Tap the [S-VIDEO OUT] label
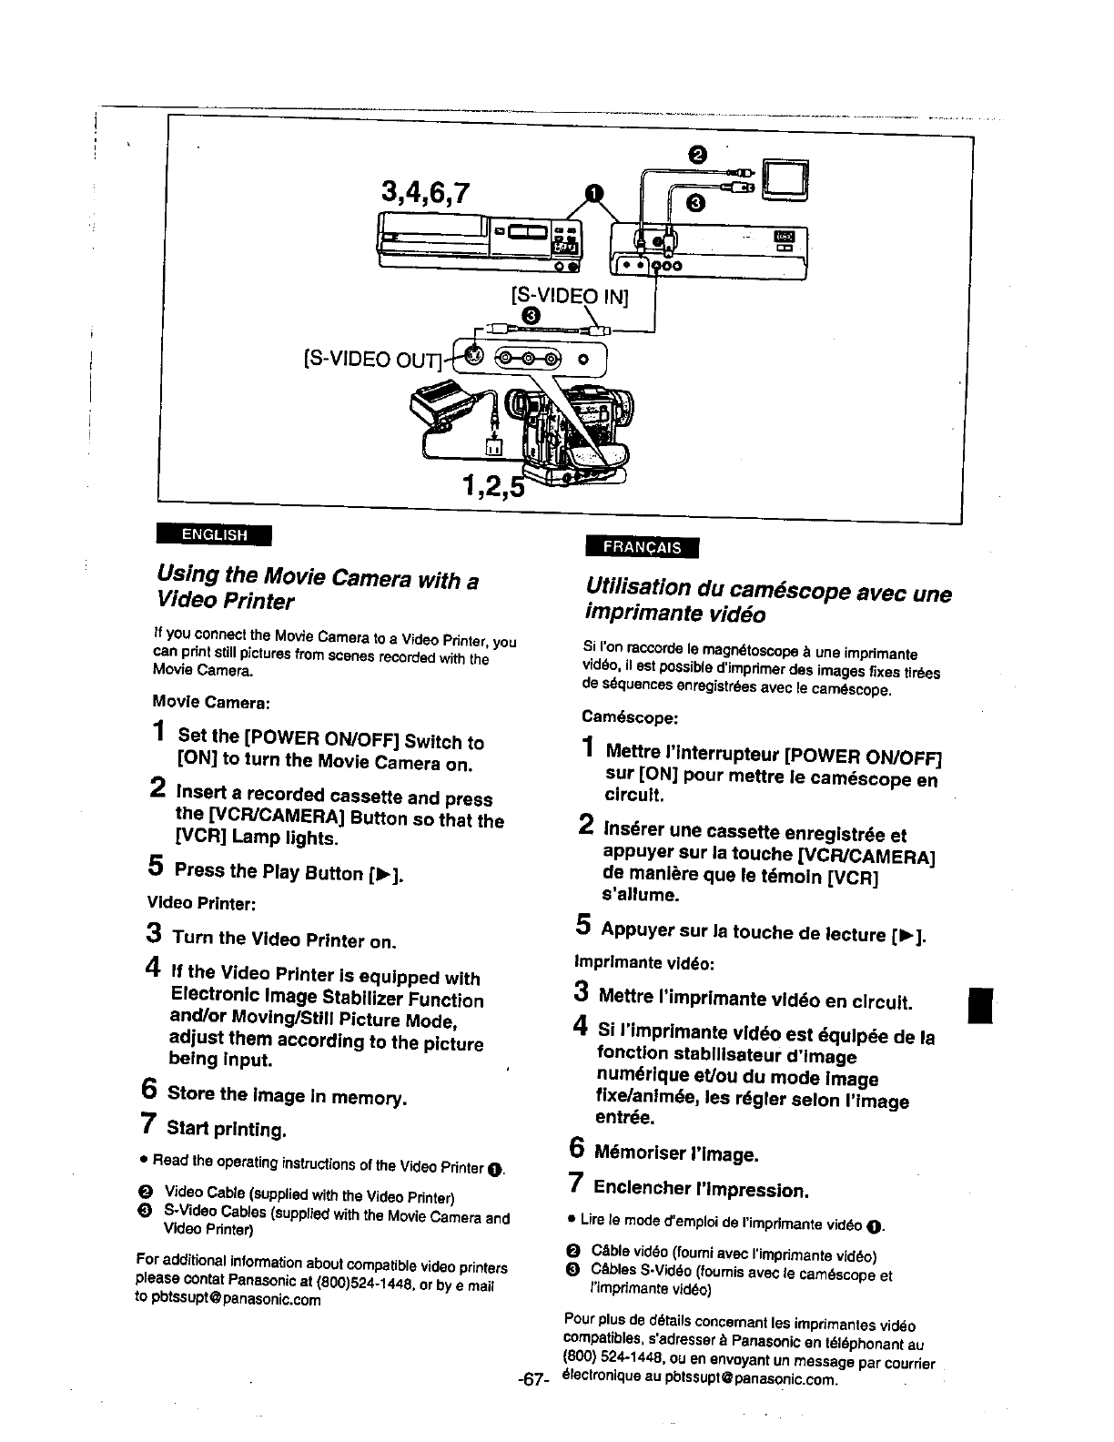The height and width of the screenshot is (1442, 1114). (370, 362)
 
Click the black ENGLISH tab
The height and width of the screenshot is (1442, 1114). (213, 534)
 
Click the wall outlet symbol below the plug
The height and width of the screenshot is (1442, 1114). (492, 447)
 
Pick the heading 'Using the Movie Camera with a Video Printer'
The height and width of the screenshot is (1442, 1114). (318, 590)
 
